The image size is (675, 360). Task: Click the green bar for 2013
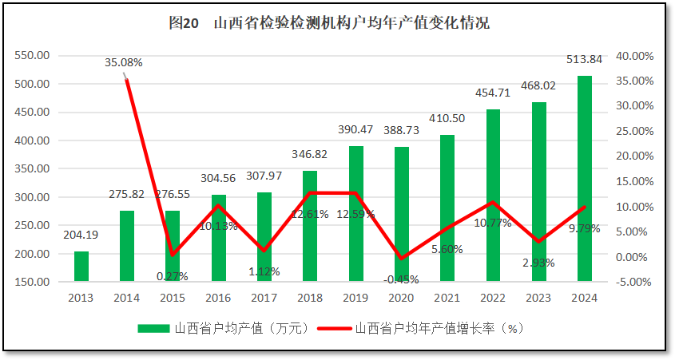pos(81,267)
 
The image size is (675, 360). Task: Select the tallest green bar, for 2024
pos(585,179)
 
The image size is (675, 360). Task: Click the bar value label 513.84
pos(584,59)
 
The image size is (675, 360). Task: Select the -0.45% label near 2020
pos(401,279)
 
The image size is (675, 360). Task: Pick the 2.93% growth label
pos(538,263)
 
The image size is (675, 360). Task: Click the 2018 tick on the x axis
pos(310,298)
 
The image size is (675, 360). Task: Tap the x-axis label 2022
pos(493,298)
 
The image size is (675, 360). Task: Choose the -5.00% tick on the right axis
pos(634,282)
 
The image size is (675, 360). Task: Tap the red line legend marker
pos(333,328)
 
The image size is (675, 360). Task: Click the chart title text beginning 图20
pos(329,23)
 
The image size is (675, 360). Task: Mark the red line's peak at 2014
pos(127,79)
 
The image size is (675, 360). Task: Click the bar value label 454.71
pos(493,93)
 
